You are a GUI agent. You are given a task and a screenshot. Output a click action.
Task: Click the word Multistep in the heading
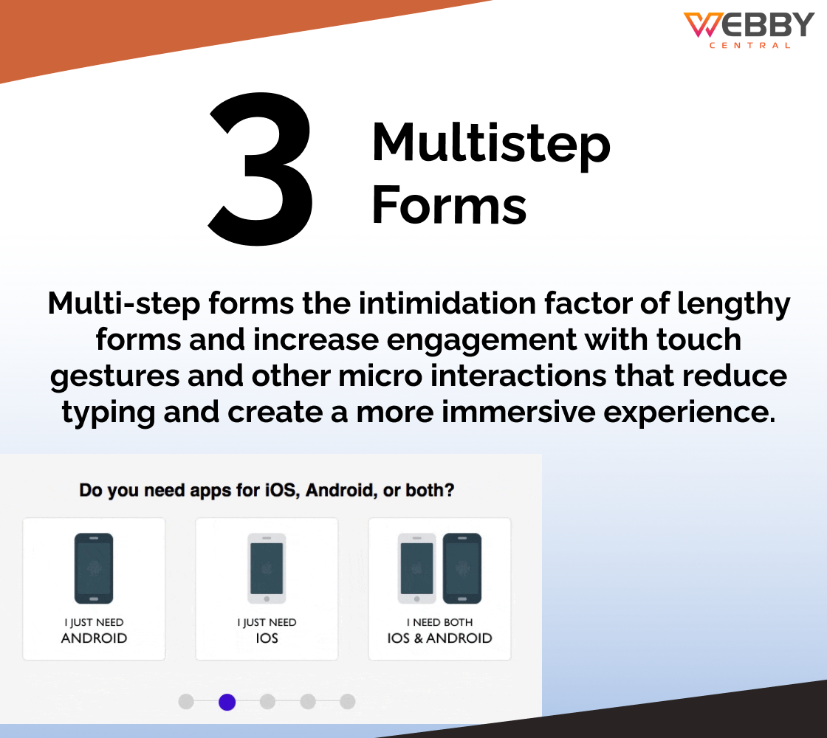(x=491, y=143)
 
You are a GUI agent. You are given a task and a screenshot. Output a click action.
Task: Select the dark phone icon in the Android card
(x=94, y=568)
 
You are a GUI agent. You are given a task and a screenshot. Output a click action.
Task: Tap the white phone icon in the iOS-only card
(x=267, y=568)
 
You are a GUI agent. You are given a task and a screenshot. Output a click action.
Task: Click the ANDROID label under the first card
(x=94, y=638)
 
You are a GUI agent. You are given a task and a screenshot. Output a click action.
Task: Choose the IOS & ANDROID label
(x=439, y=638)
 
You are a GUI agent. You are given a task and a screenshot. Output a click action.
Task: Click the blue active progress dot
(x=227, y=702)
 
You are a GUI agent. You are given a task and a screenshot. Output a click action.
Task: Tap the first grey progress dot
(x=186, y=702)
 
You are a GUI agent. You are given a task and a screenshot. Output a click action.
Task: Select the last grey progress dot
(x=348, y=702)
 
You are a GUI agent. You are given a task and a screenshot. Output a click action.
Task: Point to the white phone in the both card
(x=416, y=568)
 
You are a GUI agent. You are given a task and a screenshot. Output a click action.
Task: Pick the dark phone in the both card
(x=462, y=568)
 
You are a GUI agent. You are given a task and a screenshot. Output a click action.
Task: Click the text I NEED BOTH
(x=439, y=623)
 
